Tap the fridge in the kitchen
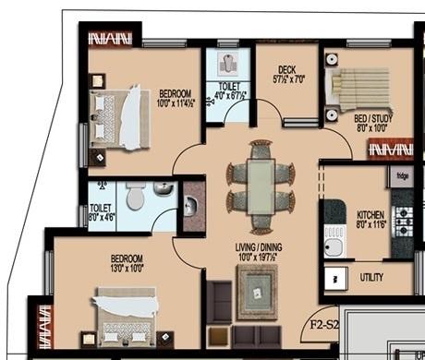[402, 176]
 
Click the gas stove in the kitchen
[403, 220]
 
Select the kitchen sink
[334, 242]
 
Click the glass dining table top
[261, 186]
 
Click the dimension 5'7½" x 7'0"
[285, 79]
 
